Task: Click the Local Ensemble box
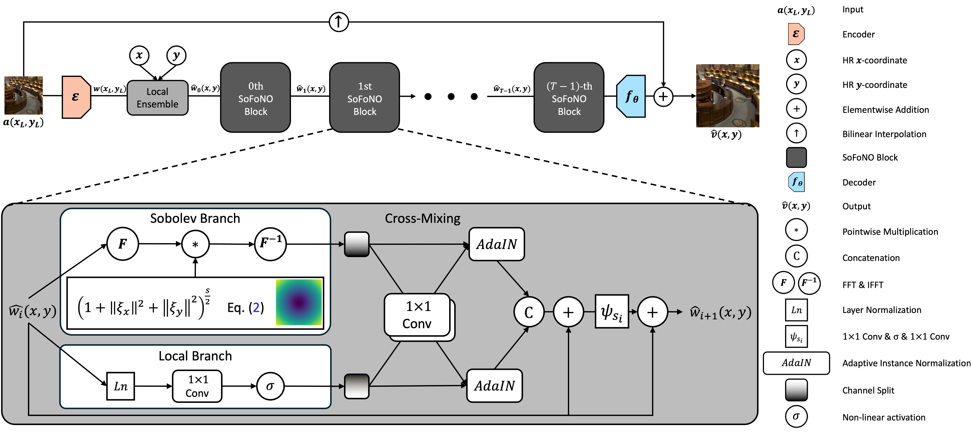coord(158,98)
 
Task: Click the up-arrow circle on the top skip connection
coord(338,22)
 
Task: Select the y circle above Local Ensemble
coord(176,55)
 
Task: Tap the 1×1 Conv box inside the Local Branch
coord(197,386)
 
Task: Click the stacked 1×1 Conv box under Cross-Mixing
coord(418,315)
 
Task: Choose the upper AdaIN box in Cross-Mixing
coord(496,244)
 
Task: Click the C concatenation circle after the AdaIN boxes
coord(528,312)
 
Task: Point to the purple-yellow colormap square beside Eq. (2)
coord(299,302)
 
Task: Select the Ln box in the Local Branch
coord(121,386)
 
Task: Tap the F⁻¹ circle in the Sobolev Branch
coord(270,244)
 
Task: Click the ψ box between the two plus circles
coord(612,312)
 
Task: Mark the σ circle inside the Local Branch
coord(270,386)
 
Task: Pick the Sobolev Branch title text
coord(195,218)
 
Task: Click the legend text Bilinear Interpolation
coord(884,134)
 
